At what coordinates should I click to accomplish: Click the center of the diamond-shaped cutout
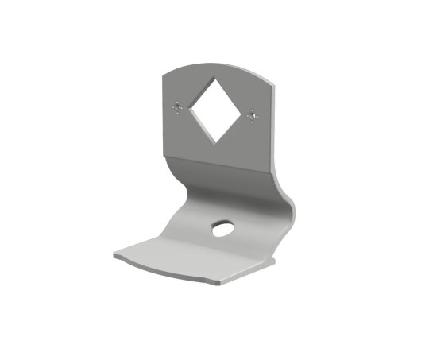pyautogui.click(x=214, y=111)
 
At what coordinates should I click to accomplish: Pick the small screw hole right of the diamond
pyautogui.click(x=253, y=116)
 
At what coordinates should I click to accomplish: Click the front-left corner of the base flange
pyautogui.click(x=114, y=255)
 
